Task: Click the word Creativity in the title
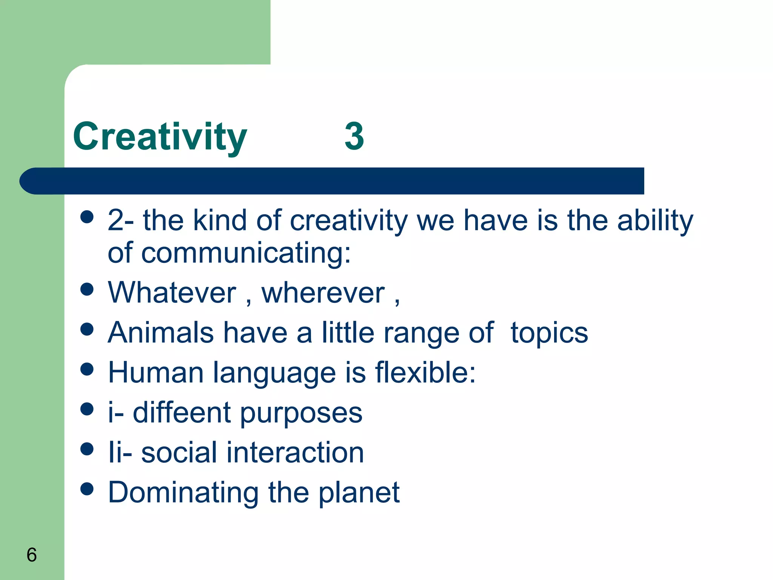[x=160, y=137]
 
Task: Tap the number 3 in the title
[x=354, y=137]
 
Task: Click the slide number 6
[x=32, y=555]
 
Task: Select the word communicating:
[x=246, y=253]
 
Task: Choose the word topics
[x=549, y=333]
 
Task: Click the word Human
[x=156, y=373]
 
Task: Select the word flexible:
[x=425, y=373]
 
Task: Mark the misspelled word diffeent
[x=182, y=413]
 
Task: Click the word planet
[x=359, y=493]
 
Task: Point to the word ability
[x=655, y=221]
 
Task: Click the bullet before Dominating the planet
[x=87, y=489]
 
